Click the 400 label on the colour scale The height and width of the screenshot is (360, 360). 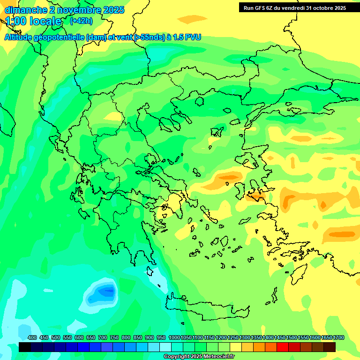[x=32, y=337]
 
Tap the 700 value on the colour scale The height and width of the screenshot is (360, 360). [x=103, y=337]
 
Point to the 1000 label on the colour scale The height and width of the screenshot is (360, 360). [x=174, y=337]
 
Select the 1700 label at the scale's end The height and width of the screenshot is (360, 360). [x=338, y=337]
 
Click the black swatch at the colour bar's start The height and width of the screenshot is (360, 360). [x=25, y=347]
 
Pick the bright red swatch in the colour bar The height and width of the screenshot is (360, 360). [x=283, y=347]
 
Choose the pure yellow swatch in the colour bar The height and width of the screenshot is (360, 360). [x=236, y=347]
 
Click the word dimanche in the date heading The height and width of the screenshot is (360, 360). [x=26, y=10]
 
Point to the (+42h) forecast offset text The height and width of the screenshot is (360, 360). [x=81, y=21]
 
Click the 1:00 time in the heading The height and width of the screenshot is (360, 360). [x=15, y=21]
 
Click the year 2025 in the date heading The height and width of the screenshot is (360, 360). [x=113, y=10]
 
